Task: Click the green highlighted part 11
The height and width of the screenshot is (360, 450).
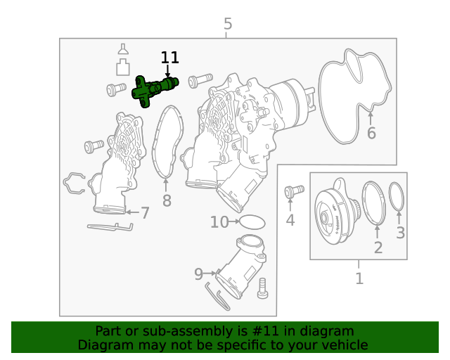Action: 153,90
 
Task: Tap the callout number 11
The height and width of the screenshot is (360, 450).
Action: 169,58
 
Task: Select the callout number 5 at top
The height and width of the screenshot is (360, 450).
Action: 227,25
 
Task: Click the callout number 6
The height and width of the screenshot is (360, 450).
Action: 371,133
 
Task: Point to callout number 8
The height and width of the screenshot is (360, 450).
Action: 167,201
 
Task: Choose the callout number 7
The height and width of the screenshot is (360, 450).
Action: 144,213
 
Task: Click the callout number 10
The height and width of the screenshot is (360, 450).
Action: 219,222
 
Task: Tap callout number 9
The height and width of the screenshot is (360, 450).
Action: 198,273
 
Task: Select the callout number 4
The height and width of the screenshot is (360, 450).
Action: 290,221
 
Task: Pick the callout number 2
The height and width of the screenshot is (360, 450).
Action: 378,247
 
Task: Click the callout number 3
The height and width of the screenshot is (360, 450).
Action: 400,233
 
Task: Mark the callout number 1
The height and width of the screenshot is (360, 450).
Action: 359,278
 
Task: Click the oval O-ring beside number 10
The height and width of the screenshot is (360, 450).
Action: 254,222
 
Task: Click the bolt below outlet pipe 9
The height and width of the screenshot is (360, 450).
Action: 264,288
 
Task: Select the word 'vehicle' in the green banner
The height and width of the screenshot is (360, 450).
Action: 343,345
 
